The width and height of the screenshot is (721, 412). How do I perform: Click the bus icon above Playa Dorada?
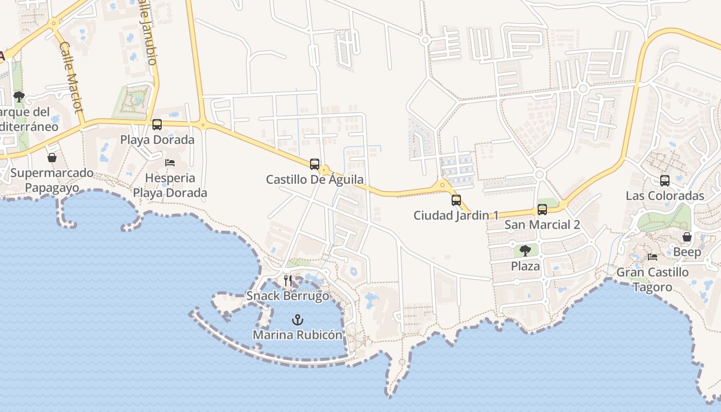(x=157, y=125)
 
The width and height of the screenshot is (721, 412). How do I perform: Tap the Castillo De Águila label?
(x=315, y=180)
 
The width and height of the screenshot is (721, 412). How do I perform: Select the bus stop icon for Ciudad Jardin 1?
(x=456, y=200)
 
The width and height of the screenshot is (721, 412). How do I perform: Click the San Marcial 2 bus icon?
(x=542, y=210)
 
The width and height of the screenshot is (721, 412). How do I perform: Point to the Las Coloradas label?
(x=664, y=196)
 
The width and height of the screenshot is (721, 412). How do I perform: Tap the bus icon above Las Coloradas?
(x=665, y=181)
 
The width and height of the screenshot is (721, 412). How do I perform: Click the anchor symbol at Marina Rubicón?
(x=298, y=320)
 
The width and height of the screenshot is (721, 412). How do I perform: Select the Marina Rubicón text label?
(x=297, y=335)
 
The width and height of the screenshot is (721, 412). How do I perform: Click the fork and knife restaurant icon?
(x=288, y=281)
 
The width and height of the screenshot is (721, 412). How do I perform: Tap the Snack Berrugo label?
(x=287, y=296)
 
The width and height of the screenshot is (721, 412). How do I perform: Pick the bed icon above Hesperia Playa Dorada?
(x=170, y=163)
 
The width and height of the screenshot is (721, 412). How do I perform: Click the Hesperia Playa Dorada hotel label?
(x=170, y=185)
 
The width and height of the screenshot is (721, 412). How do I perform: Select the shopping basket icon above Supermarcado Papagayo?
(x=52, y=158)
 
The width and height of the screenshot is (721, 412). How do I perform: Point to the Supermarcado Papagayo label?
(x=52, y=180)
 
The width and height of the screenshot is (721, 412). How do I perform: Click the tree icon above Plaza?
(x=525, y=251)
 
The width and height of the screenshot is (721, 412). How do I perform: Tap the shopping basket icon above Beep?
(x=687, y=237)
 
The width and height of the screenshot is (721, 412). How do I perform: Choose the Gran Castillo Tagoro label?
(x=652, y=280)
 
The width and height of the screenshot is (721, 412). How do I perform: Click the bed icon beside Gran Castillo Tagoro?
(x=653, y=256)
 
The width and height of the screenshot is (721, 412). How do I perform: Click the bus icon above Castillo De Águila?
(x=315, y=164)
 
